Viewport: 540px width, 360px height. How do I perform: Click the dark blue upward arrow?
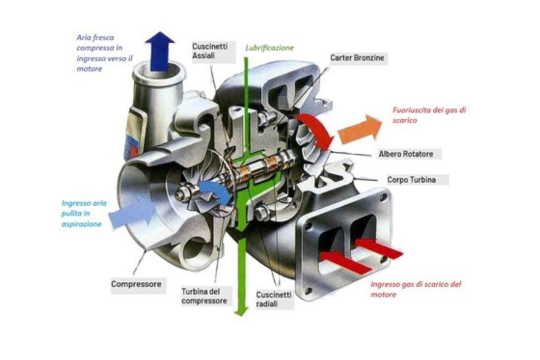160,51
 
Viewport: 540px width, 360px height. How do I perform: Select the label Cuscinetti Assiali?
210,51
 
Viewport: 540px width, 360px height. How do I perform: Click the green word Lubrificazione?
269,48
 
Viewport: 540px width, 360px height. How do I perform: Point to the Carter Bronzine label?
357,58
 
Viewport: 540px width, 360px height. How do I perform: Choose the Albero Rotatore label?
406,154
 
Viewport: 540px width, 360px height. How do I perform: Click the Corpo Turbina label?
412,179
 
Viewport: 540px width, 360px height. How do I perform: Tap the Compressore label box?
136,284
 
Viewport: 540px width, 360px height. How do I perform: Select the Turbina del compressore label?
204,296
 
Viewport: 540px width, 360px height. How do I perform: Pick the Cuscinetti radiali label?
274,299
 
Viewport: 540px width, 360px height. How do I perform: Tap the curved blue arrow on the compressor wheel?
215,192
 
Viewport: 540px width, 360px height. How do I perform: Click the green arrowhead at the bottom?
241,310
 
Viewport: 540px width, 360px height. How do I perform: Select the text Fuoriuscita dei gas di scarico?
429,115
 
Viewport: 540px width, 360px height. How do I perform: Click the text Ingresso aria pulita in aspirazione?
84,214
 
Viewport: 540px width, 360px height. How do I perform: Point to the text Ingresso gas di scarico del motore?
416,289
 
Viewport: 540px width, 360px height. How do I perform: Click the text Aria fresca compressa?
99,43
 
